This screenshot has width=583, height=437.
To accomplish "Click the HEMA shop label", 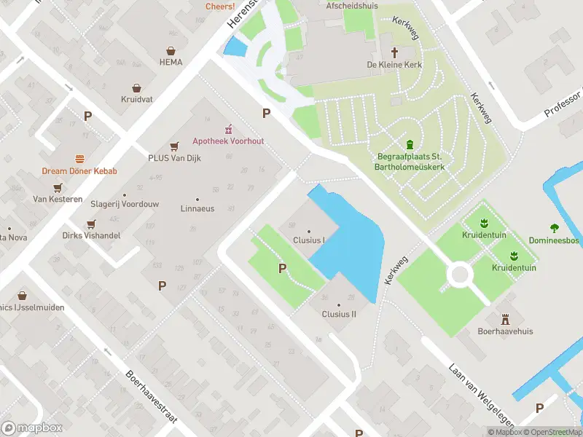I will [171, 62].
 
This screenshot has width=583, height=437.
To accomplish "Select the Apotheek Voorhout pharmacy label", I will [228, 141].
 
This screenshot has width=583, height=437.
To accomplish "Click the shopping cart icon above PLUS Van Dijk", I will [174, 146].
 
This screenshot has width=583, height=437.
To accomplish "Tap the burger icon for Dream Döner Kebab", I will [79, 160].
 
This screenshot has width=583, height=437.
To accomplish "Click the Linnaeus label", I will [197, 208].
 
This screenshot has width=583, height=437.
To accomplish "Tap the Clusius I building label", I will [309, 240].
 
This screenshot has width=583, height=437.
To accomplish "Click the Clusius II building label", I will [339, 314].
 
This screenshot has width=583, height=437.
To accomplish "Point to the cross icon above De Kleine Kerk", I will [395, 52].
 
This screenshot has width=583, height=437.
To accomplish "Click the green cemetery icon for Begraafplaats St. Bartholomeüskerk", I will [410, 144].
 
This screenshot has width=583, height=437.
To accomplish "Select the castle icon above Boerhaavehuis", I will [506, 318].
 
